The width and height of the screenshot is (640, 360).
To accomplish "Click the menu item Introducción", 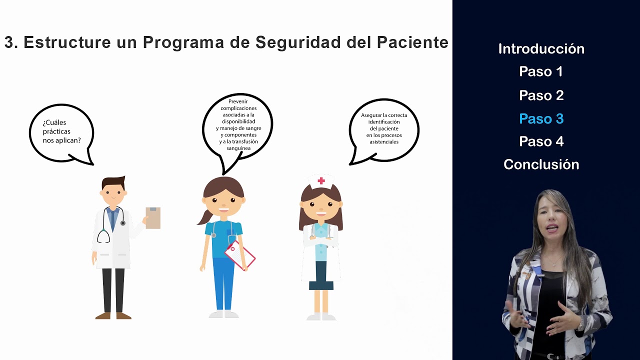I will click(x=541, y=49).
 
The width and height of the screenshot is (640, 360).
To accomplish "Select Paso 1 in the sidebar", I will click(x=541, y=72).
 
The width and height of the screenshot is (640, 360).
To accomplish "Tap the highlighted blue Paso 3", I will click(x=541, y=119).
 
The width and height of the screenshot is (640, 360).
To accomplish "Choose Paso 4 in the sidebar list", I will click(x=541, y=142).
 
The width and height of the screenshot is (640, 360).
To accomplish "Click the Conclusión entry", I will click(x=541, y=165).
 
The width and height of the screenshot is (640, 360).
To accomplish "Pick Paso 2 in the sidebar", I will click(x=541, y=95).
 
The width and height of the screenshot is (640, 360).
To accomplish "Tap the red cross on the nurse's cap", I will click(x=321, y=180).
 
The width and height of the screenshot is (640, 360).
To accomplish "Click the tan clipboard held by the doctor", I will click(x=153, y=218).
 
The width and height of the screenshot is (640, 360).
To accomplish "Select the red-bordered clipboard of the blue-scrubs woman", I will click(x=240, y=254).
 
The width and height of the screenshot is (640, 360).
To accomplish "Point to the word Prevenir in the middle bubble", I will click(x=238, y=101).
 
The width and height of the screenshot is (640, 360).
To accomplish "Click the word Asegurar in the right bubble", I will click(x=370, y=115).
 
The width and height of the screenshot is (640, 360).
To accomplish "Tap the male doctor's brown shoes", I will click(x=113, y=315).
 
